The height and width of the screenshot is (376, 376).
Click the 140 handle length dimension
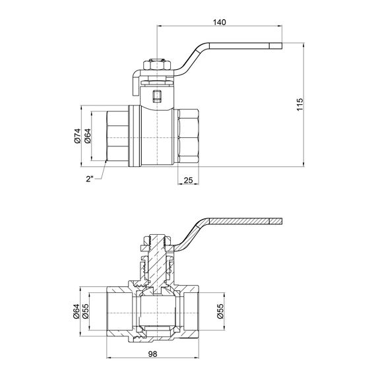click(x=220, y=22)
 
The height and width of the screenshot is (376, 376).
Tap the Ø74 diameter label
click(x=77, y=136)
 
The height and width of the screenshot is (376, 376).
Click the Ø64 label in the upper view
click(x=88, y=136)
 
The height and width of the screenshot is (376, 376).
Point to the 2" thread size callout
click(x=90, y=177)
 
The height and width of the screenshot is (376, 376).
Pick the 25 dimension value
click(x=188, y=180)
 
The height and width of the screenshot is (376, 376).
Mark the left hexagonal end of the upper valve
click(x=119, y=136)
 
